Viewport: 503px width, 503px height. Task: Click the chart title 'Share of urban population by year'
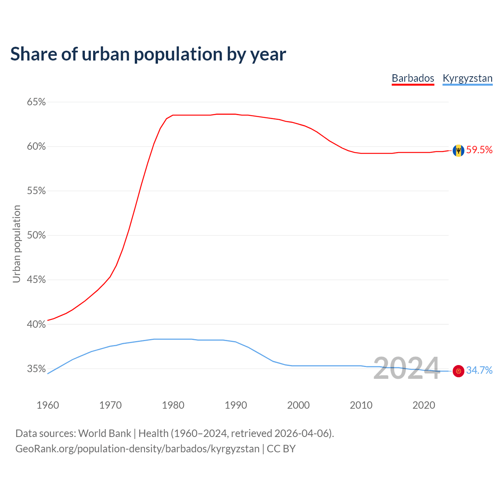point(148,54)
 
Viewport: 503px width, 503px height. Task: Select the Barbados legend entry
point(413,78)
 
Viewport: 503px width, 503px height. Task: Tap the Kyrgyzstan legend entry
point(467,78)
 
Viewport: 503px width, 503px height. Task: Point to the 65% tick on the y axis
point(36,102)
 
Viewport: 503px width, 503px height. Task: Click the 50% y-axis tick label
point(36,235)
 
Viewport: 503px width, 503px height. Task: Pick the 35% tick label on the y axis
point(36,369)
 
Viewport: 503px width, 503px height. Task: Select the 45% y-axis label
point(36,280)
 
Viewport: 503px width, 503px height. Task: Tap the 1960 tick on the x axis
point(48,405)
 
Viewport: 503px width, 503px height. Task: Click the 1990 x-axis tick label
point(236,405)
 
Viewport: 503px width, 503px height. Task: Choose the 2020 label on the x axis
point(424,405)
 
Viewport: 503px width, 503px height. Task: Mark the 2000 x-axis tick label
point(298,405)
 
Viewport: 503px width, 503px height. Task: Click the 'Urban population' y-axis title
point(17,244)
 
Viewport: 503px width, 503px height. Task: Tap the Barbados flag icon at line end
point(458,151)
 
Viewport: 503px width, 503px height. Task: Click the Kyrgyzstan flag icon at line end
point(458,371)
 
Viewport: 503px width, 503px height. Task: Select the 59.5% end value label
point(479,150)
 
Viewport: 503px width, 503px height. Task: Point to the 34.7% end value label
point(479,370)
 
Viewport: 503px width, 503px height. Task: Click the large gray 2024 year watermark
point(406,368)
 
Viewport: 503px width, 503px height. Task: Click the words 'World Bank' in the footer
point(105,433)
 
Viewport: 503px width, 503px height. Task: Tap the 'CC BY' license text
point(281,449)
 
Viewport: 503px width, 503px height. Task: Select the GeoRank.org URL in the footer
point(138,449)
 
